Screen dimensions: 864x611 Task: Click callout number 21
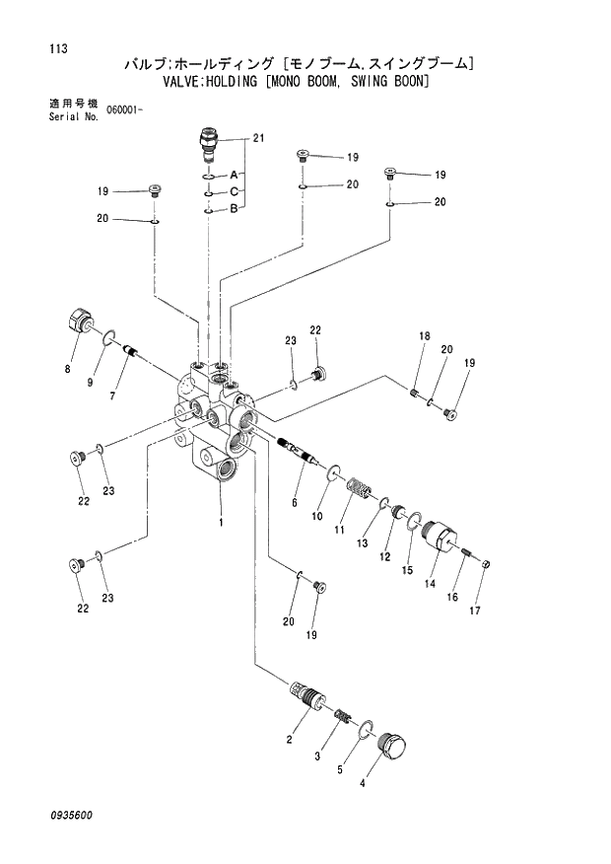[259, 138]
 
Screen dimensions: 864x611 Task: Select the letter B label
[235, 208]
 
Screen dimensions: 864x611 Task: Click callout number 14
[430, 583]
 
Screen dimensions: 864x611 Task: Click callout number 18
[424, 337]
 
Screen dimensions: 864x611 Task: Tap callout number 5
[342, 768]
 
